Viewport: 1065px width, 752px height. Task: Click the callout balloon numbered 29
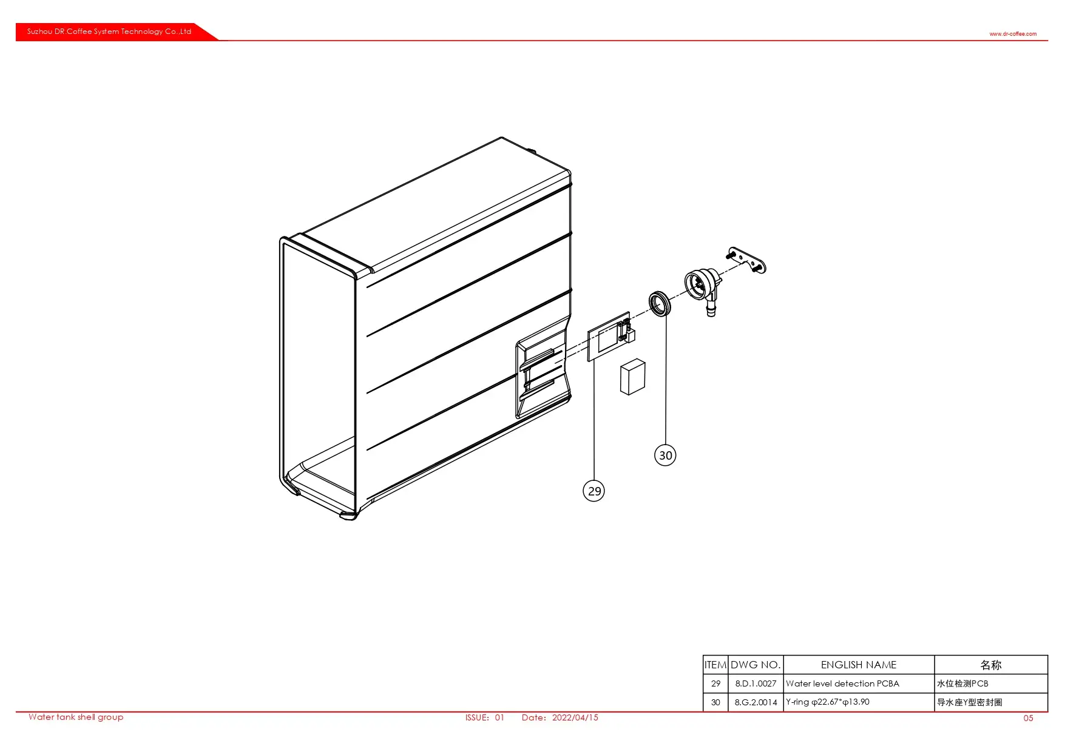coord(593,491)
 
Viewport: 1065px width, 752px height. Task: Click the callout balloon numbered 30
coord(665,455)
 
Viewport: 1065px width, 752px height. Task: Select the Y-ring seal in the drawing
coord(660,303)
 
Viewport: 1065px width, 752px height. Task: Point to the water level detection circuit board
coord(610,337)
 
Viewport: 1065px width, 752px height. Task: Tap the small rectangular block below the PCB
coord(632,377)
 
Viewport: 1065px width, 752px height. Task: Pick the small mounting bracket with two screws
coord(746,260)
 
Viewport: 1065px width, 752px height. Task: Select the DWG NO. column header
coord(756,665)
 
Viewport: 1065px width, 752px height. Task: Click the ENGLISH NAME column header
coord(858,665)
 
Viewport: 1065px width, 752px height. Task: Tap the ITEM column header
coord(715,665)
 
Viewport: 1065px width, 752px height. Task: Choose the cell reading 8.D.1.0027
coord(756,683)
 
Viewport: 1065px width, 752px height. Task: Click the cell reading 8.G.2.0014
coord(756,702)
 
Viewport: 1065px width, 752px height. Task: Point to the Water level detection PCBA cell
coord(842,683)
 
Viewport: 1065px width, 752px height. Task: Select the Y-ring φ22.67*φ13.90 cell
coord(828,702)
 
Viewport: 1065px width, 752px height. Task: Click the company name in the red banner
coord(109,32)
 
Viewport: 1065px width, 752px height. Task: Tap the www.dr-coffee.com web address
coord(1013,34)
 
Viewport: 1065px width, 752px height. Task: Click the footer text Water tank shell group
coord(76,717)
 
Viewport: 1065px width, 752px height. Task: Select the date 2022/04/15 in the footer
coord(575,717)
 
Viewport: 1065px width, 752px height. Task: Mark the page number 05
coord(1028,718)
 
